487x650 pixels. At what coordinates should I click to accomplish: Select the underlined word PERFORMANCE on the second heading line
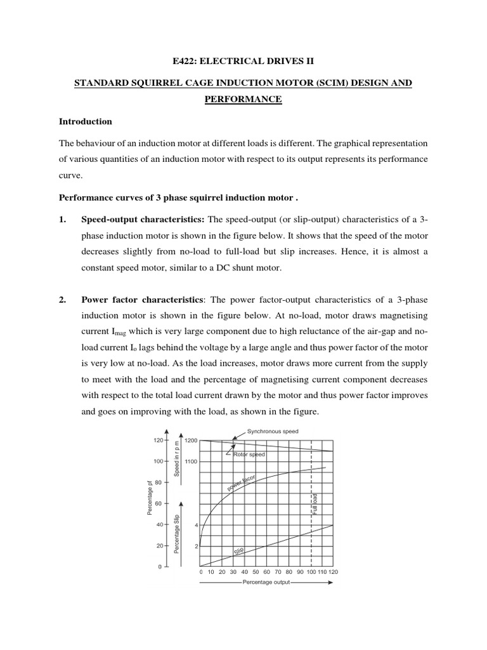tap(243, 100)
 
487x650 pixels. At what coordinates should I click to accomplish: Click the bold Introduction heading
tap(85, 121)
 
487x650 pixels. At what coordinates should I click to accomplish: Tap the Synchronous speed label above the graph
tap(268, 431)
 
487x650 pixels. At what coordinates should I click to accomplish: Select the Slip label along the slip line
tap(239, 552)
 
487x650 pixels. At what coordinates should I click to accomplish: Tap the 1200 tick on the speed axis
tap(192, 440)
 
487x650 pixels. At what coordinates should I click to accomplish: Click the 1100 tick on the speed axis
tap(192, 461)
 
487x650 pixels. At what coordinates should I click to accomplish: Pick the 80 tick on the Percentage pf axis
tap(158, 482)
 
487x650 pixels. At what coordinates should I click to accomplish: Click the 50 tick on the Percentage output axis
tap(255, 571)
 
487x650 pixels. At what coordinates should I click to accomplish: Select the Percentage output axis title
tap(266, 582)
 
